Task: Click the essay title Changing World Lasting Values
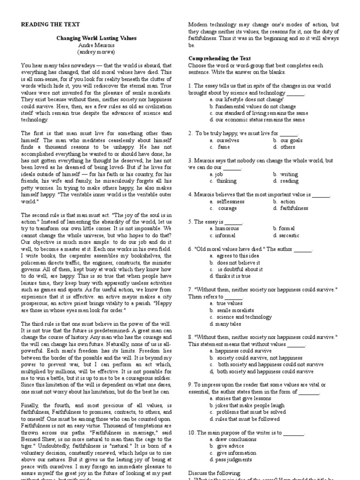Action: (x=97, y=39)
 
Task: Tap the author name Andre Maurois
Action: (x=97, y=45)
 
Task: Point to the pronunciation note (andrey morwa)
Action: (x=97, y=52)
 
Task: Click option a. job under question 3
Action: (x=216, y=174)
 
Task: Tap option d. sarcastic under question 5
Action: (x=286, y=235)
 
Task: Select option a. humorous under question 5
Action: (x=225, y=228)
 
